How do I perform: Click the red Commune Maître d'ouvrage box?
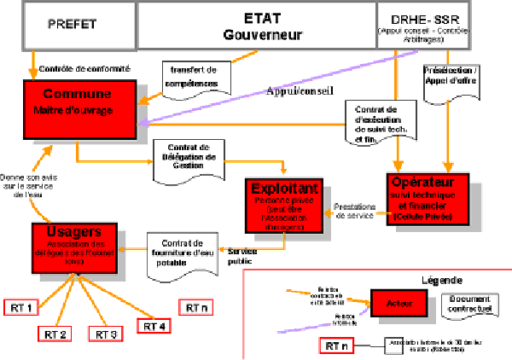click(79, 107)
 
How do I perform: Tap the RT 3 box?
click(107, 333)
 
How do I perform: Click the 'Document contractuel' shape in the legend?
click(469, 303)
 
